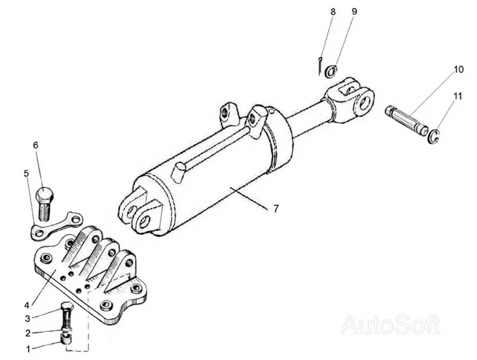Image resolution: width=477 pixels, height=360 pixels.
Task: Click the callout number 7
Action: point(275,209)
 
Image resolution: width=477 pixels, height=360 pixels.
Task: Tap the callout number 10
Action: point(458,70)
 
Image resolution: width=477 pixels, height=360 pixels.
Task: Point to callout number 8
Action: point(333,11)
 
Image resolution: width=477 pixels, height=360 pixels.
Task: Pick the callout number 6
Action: point(35,145)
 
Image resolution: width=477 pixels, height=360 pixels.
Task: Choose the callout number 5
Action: point(26,173)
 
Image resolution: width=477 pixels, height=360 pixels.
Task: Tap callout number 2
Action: point(27,333)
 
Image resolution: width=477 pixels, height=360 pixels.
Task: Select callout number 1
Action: point(27,349)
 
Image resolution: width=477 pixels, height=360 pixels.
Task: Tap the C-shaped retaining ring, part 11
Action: point(435,136)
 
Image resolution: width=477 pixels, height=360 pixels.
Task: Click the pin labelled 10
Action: point(405,119)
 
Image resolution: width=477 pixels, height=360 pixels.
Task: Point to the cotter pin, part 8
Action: point(320,64)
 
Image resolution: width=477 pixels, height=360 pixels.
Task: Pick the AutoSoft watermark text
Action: point(390,325)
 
